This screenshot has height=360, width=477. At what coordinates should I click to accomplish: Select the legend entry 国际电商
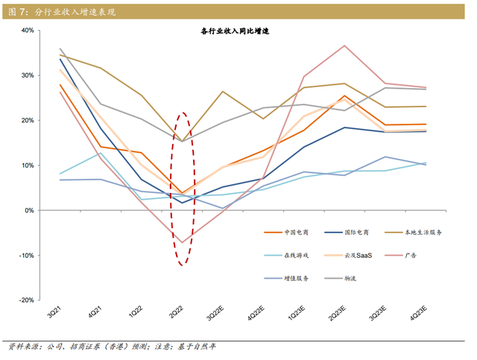click(360, 233)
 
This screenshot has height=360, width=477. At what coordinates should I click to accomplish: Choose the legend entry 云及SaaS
click(361, 256)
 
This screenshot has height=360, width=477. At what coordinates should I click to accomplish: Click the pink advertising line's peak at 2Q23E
click(344, 45)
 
